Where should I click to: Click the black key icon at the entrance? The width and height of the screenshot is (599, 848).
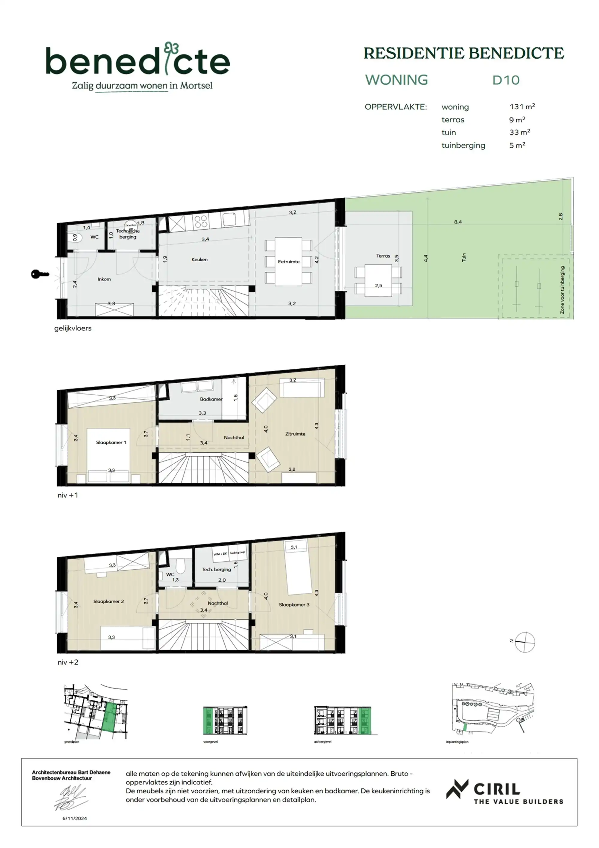pos(40,274)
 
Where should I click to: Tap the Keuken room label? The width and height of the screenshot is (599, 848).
pos(199,259)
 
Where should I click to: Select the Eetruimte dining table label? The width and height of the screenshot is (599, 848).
pos(288,262)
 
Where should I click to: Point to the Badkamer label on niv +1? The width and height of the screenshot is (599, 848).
pos(211,399)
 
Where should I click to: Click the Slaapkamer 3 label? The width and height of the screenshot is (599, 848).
pos(294,605)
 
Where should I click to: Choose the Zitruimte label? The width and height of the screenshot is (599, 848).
pos(295,434)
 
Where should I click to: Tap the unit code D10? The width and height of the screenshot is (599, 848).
pos(506,80)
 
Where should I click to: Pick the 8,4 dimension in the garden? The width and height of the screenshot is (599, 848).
pos(458,222)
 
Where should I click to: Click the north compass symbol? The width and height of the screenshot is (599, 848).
pos(524,642)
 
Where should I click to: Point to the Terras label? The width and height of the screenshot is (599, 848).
pos(383,256)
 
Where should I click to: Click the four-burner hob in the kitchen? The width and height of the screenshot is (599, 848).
pos(201,222)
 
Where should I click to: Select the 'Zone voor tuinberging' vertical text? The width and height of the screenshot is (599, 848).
pos(562,290)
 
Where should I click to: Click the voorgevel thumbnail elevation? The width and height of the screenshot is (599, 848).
pos(225,720)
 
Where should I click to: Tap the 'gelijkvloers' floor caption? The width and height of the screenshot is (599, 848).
pos(73,328)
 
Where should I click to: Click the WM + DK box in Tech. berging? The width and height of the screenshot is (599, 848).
pos(220,554)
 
